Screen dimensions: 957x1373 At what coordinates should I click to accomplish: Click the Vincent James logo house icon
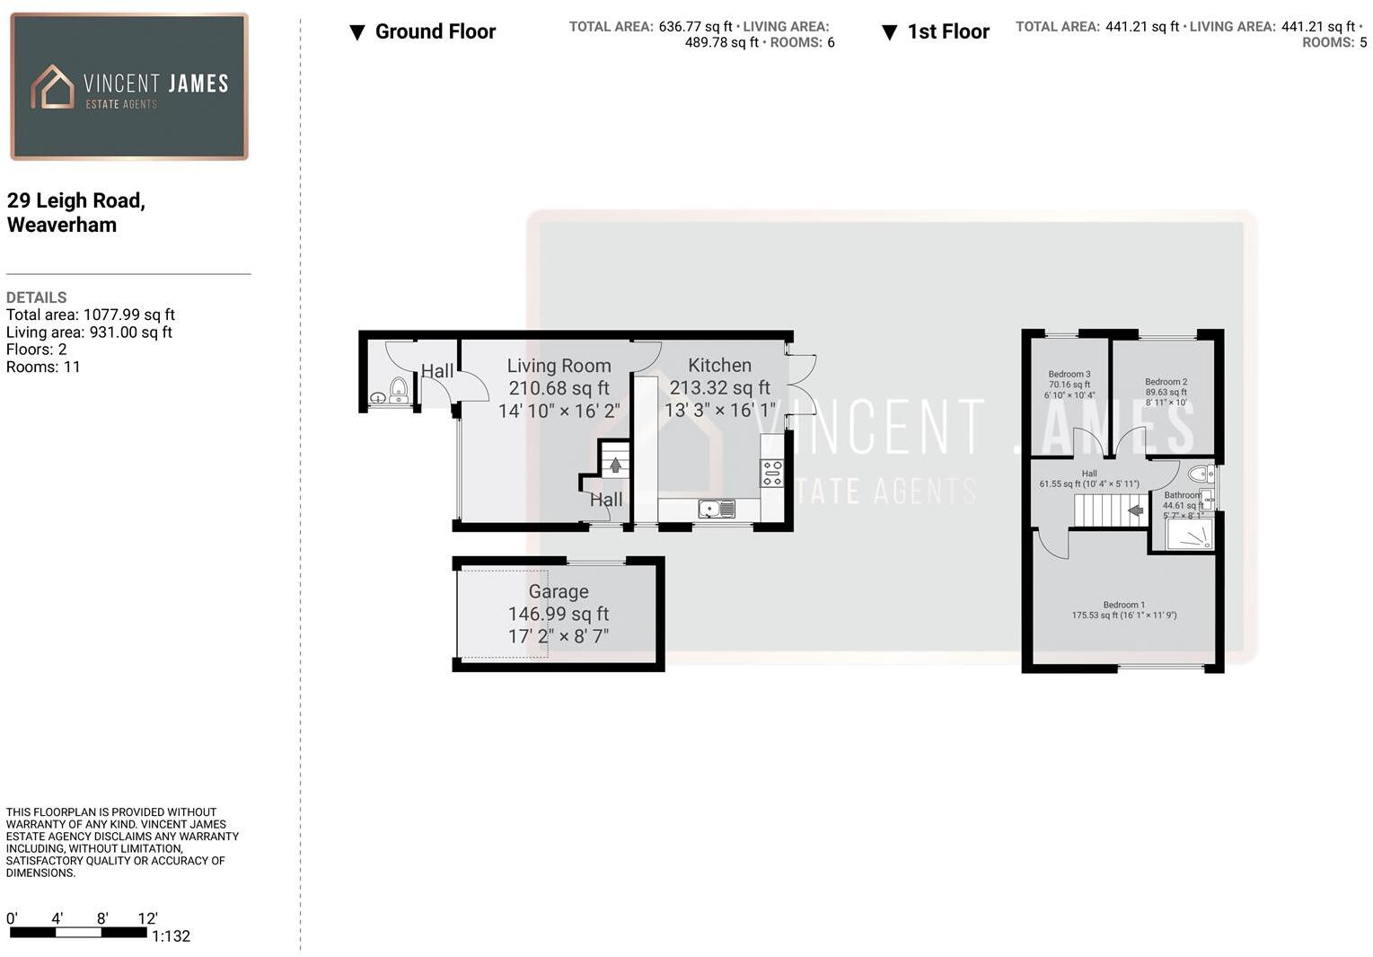tap(52, 87)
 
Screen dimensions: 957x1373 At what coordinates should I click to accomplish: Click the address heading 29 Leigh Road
tap(75, 200)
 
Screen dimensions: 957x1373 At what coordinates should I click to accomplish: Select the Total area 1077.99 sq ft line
tap(90, 315)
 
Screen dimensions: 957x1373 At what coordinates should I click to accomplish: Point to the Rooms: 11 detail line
tap(43, 367)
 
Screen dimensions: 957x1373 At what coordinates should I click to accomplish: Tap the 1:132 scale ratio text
tap(171, 936)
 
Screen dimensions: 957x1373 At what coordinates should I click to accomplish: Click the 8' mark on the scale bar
tap(102, 918)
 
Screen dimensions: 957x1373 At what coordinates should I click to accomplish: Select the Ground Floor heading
tap(435, 31)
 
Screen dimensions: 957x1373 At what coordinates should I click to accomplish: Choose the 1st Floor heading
tap(947, 31)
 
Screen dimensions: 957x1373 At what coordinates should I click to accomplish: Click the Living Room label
tap(559, 366)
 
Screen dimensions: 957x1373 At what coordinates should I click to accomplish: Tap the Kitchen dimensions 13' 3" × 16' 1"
tap(719, 410)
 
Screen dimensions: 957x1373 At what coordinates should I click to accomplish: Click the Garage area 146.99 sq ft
tap(558, 614)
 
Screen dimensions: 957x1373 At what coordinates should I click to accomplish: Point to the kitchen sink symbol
tap(717, 510)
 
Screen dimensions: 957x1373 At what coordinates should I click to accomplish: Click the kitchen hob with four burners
tap(771, 473)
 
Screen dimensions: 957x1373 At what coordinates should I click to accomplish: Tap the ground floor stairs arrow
tap(615, 465)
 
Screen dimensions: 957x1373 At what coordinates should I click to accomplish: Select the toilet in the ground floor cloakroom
tap(398, 389)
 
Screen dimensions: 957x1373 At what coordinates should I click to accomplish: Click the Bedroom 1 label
tap(1123, 605)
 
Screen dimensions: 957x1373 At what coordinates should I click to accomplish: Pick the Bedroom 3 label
tap(1069, 375)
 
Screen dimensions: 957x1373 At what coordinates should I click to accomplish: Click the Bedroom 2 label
tap(1166, 382)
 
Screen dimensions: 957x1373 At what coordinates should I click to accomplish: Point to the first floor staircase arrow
tap(1135, 510)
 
